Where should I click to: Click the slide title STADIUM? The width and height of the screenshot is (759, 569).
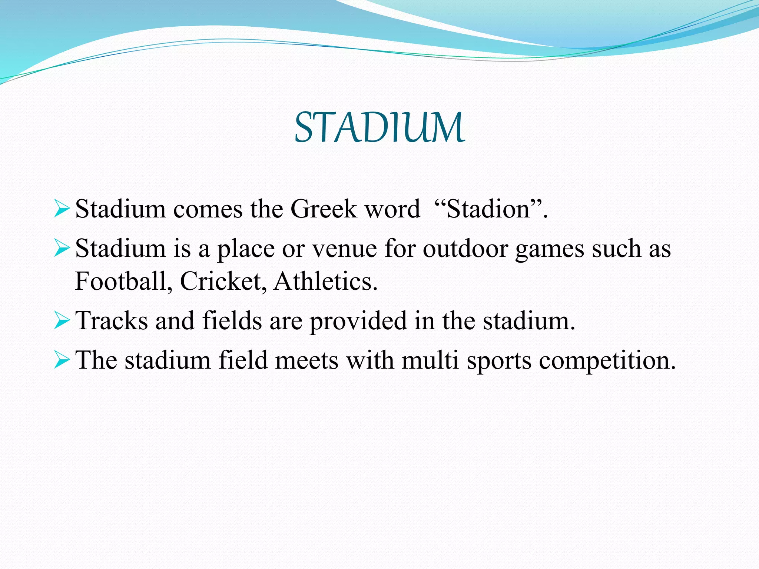point(379,127)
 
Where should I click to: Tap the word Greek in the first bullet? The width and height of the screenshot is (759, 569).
point(324,209)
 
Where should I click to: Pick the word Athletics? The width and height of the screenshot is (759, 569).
point(325,281)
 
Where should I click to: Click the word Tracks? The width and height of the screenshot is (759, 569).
point(112,320)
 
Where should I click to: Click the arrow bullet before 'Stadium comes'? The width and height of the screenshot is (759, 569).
point(62,209)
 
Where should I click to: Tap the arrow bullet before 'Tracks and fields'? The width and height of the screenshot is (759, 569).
point(62,320)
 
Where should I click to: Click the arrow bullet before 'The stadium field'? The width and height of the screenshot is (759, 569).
point(62,360)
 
